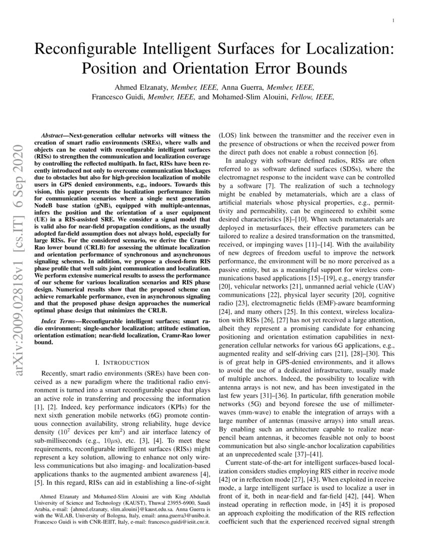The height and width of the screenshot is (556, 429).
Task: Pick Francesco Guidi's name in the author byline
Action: tap(115, 97)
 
